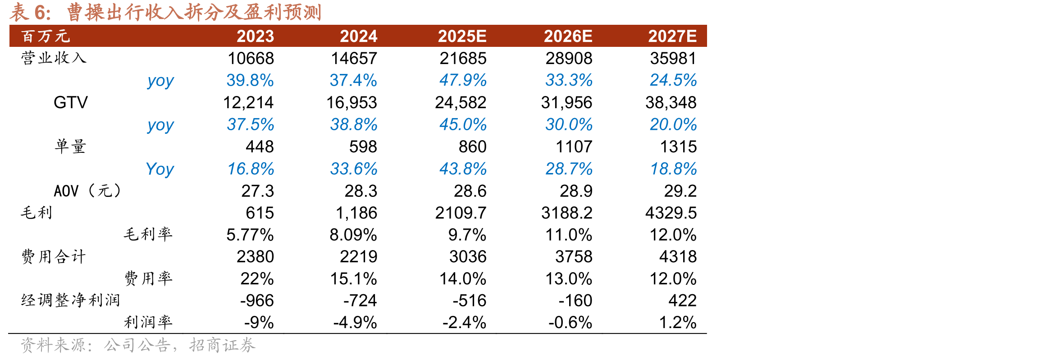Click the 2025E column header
pos(462,36)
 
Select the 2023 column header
pos(255,36)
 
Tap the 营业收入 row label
pos(54,58)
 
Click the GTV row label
pos(71,102)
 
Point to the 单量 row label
pos(70,146)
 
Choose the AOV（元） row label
pos(88,191)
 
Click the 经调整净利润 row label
pos(70,300)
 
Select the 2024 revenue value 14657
pos(354,58)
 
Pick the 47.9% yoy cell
pos(463,80)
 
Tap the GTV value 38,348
pos(671,103)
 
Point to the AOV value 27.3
pos(257,191)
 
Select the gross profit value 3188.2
pos(566,213)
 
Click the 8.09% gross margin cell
pos(353,235)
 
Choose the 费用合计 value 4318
pos(678,256)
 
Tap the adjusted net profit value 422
pos(682,300)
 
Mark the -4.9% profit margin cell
pos(355,323)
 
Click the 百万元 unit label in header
pos(46,36)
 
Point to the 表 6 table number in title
pos(30,12)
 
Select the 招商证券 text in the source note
pos(222,345)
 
